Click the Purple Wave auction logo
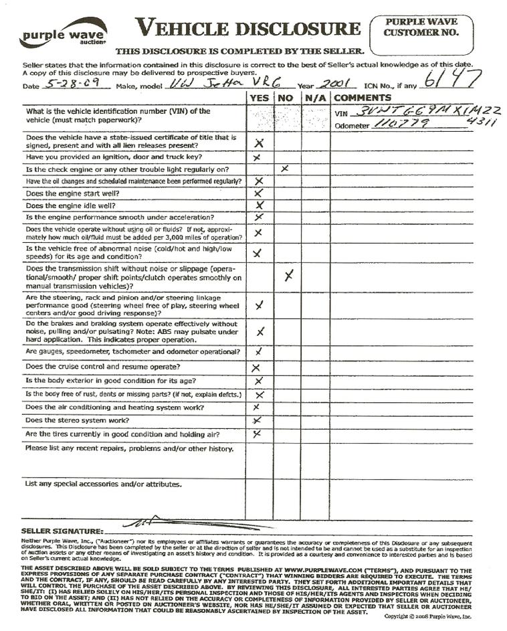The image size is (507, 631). (64, 32)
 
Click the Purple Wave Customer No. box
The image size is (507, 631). (421, 27)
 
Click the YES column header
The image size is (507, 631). (259, 98)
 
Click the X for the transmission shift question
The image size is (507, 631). (288, 276)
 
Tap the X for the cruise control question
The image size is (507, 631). (256, 367)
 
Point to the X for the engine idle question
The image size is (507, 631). (260, 205)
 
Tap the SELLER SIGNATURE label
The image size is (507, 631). (62, 531)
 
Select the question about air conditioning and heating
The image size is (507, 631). (114, 407)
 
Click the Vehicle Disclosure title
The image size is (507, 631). (248, 28)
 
